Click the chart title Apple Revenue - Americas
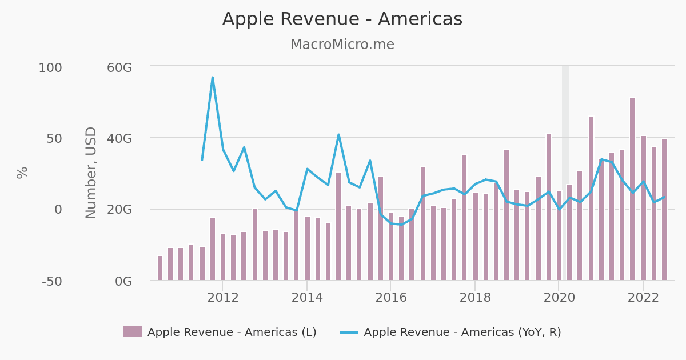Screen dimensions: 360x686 pyautogui.click(x=342, y=19)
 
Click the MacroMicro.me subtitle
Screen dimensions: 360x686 pyautogui.click(x=342, y=45)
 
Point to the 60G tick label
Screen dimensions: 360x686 pyautogui.click(x=119, y=67)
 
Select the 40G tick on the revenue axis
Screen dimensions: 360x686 pyautogui.click(x=119, y=138)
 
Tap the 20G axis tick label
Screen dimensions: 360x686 pyautogui.click(x=119, y=210)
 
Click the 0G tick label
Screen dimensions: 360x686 pyautogui.click(x=123, y=281)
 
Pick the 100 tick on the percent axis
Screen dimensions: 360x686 pyautogui.click(x=50, y=67)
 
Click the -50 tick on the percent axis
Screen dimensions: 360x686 pyautogui.click(x=51, y=281)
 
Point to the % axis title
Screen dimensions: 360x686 pyautogui.click(x=22, y=173)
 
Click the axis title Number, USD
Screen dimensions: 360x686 pyautogui.click(x=91, y=173)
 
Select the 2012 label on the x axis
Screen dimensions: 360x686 pyautogui.click(x=223, y=298)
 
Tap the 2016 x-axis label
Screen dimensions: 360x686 pyautogui.click(x=391, y=298)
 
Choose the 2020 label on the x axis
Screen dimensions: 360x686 pyautogui.click(x=559, y=298)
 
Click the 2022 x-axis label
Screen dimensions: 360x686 pyautogui.click(x=643, y=298)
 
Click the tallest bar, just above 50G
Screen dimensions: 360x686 pyautogui.click(x=632, y=189)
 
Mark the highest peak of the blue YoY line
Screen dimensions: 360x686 pyautogui.click(x=213, y=78)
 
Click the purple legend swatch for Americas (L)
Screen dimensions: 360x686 pyautogui.click(x=133, y=331)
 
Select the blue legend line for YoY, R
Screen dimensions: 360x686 pyautogui.click(x=349, y=332)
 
